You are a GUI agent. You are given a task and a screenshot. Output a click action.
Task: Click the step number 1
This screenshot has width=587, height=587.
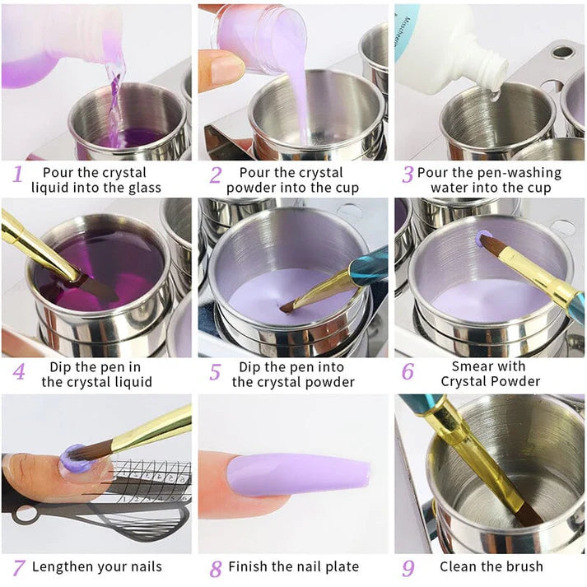(18, 175)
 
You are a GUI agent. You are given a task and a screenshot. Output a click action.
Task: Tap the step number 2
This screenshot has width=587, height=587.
(216, 175)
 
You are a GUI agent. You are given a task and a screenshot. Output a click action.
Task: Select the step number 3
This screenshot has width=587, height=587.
(407, 175)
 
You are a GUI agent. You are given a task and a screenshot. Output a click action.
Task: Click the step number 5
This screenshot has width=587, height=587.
(216, 371)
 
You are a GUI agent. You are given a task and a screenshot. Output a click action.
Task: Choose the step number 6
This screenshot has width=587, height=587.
(408, 371)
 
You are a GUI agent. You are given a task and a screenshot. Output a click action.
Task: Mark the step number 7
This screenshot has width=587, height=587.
(18, 567)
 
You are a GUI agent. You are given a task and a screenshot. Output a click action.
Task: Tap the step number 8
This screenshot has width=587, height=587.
(216, 568)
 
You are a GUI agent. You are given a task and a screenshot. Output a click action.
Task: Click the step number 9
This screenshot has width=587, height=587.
(408, 567)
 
